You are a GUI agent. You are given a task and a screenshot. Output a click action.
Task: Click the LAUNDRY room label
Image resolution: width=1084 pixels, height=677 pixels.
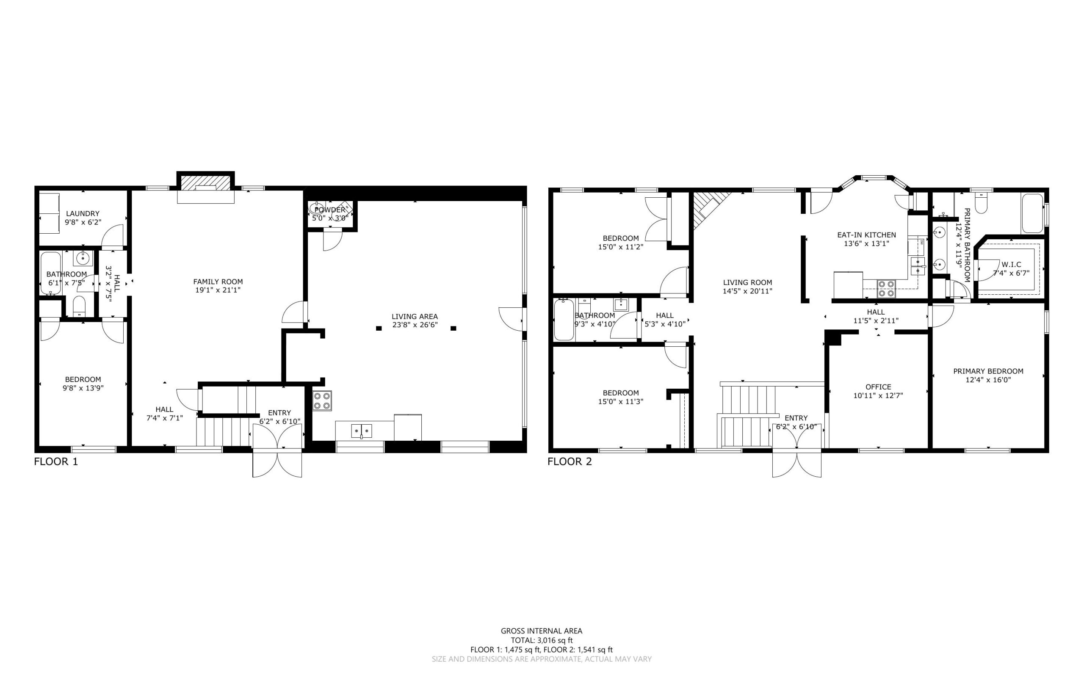pyautogui.click(x=83, y=213)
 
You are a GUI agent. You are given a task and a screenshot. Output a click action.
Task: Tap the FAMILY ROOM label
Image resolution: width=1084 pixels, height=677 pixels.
pyautogui.click(x=218, y=282)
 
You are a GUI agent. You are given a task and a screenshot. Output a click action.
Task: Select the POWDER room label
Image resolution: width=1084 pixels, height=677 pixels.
pyautogui.click(x=330, y=210)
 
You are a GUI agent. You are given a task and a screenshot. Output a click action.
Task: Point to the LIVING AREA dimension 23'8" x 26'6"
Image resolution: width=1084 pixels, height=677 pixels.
pyautogui.click(x=415, y=325)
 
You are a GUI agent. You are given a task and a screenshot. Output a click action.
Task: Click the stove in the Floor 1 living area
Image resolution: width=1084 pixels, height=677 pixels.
pyautogui.click(x=322, y=401)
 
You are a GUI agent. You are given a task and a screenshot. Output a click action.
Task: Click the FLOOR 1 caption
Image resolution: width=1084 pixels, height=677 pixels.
pyautogui.click(x=56, y=461)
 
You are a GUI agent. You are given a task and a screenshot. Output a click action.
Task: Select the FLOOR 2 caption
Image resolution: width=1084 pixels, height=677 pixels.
pyautogui.click(x=570, y=461)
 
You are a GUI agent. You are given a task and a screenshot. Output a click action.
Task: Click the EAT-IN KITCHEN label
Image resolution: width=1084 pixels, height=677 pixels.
pyautogui.click(x=866, y=235)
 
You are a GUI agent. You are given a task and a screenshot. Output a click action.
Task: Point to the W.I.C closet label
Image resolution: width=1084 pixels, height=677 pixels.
pyautogui.click(x=1012, y=265)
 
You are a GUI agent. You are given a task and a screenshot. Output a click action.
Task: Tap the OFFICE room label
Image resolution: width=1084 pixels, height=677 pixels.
pyautogui.click(x=878, y=387)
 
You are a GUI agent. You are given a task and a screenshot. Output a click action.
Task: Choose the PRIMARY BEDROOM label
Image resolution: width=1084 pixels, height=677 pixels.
pyautogui.click(x=988, y=371)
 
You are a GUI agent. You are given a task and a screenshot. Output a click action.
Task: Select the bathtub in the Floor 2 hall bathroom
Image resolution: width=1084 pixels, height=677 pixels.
pyautogui.click(x=564, y=320)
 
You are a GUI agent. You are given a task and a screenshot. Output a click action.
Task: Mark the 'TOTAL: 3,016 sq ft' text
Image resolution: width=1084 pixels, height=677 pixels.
pyautogui.click(x=542, y=640)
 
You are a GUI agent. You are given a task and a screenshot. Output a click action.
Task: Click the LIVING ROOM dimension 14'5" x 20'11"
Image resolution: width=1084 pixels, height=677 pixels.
pyautogui.click(x=747, y=291)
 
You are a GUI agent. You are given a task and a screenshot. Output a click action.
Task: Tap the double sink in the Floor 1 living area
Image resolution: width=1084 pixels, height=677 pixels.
pyautogui.click(x=361, y=431)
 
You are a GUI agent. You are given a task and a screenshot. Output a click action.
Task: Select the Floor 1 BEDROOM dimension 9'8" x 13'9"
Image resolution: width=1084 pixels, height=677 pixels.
pyautogui.click(x=83, y=388)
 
